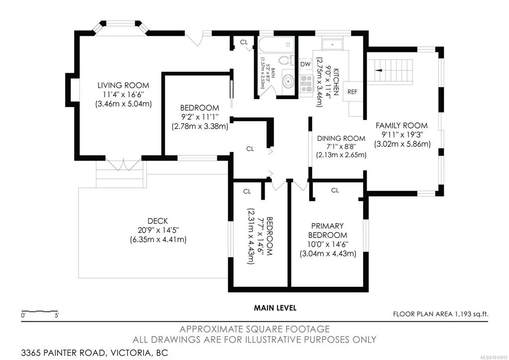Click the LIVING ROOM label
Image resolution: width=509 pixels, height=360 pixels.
123,86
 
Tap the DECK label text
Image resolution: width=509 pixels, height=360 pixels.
158,221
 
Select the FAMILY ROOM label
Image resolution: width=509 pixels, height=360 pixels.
402,125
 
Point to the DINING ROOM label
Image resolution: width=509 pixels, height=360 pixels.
341,138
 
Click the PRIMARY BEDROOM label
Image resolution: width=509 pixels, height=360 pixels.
327,231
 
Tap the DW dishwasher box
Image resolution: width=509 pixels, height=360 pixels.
305,64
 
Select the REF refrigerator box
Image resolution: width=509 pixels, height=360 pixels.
353,92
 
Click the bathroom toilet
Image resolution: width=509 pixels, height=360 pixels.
286,60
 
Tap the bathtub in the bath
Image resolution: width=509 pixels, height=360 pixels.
276,45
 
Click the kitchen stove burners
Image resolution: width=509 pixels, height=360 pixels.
306,84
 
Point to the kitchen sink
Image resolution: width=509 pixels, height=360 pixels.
332,44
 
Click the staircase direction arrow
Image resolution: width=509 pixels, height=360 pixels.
379,70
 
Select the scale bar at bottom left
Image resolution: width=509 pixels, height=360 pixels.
40,312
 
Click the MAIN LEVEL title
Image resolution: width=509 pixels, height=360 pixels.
275,308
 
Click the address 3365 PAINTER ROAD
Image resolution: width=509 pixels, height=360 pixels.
63,353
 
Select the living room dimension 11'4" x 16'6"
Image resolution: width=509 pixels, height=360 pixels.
123,95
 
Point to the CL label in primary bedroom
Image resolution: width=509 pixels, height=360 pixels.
335,190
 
